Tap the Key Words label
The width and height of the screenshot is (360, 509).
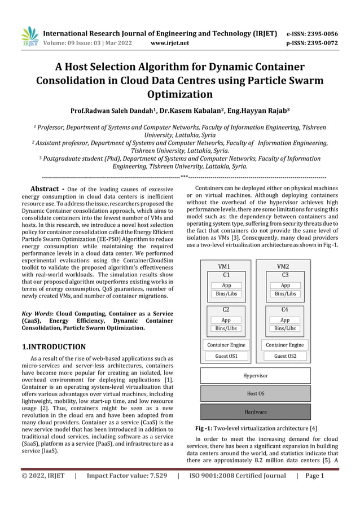coord(37,313)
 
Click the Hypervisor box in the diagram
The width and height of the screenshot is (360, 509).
coord(256,375)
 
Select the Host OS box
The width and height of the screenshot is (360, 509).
coord(256,393)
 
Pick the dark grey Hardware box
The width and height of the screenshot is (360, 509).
coord(256,412)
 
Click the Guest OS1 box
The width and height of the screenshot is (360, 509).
coord(226,356)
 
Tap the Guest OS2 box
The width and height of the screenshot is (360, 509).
coord(285,356)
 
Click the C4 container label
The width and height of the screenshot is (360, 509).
coord(285,310)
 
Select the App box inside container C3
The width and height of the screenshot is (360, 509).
coord(285,286)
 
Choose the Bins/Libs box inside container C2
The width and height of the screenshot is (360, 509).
coord(226,328)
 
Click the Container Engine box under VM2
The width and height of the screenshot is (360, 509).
coord(285,344)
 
